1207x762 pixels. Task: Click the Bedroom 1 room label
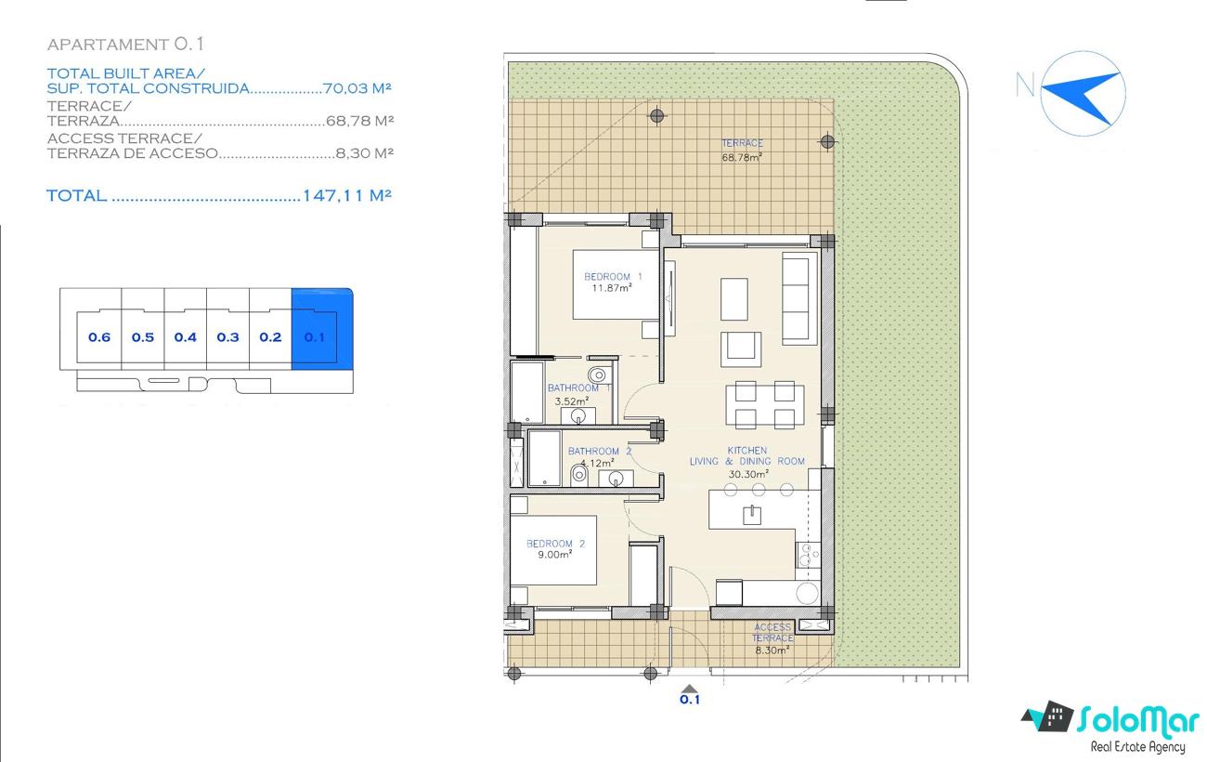[613, 277]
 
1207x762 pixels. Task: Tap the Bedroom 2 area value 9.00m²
[554, 555]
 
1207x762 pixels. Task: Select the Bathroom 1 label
[578, 388]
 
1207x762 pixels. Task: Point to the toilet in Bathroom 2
[578, 475]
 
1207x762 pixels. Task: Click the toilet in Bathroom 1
[598, 374]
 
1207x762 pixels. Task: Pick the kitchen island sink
[752, 515]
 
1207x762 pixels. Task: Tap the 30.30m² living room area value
[748, 474]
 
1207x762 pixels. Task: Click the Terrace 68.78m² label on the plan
[742, 150]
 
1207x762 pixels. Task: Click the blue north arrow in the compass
[1081, 96]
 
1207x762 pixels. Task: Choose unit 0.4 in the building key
[185, 337]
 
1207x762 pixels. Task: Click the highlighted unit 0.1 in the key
[314, 337]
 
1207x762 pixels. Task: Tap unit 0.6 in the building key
[99, 337]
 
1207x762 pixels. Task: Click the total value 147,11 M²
[347, 195]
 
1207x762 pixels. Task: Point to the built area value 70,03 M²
[357, 88]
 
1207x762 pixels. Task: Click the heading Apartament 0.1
[125, 45]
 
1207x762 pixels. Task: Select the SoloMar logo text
[1138, 721]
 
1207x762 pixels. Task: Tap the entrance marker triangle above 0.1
[690, 689]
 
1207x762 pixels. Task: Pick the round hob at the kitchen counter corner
[807, 593]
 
